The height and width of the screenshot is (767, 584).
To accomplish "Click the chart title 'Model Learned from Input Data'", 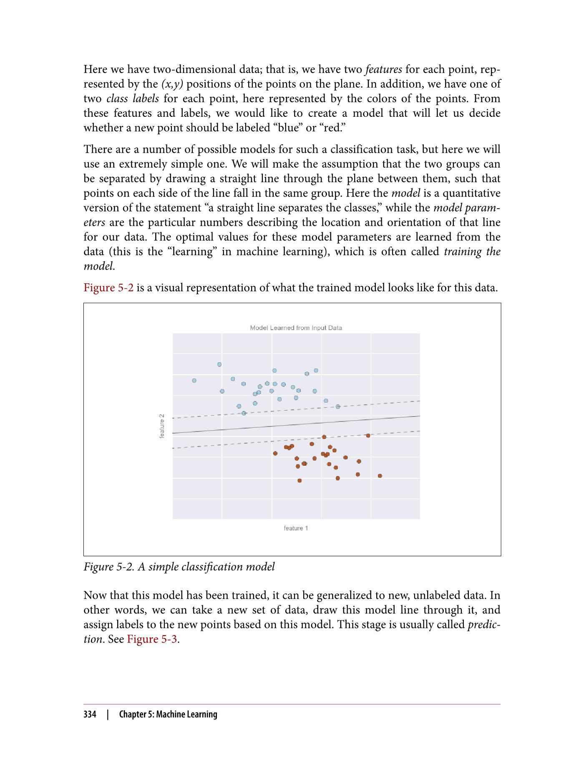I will pyautogui.click(x=296, y=328).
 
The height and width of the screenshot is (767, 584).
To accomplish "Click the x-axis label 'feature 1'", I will pyautogui.click(x=296, y=528).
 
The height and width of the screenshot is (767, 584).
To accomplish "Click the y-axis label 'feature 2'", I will pyautogui.click(x=162, y=426).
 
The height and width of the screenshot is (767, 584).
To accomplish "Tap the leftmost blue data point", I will pyautogui.click(x=194, y=381).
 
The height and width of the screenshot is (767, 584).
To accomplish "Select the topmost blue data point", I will pyautogui.click(x=219, y=364).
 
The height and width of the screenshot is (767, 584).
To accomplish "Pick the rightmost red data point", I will pyautogui.click(x=380, y=476).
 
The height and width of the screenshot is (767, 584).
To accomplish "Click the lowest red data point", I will pyautogui.click(x=300, y=481).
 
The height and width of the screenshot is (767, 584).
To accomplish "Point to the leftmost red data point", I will pyautogui.click(x=275, y=453).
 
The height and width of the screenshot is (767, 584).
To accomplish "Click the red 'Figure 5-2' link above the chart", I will pyautogui.click(x=108, y=288).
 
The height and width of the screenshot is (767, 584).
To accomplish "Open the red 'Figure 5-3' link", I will pyautogui.click(x=153, y=639).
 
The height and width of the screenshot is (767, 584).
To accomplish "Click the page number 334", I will pyautogui.click(x=90, y=714).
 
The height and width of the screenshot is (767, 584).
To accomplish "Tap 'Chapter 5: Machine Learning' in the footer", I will pyautogui.click(x=168, y=714).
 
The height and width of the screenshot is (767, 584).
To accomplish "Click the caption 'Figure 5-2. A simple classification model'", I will pyautogui.click(x=179, y=567).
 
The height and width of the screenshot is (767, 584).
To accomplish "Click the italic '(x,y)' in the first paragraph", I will pyautogui.click(x=172, y=84).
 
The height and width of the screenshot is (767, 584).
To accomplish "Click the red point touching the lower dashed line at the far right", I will pyautogui.click(x=368, y=436).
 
